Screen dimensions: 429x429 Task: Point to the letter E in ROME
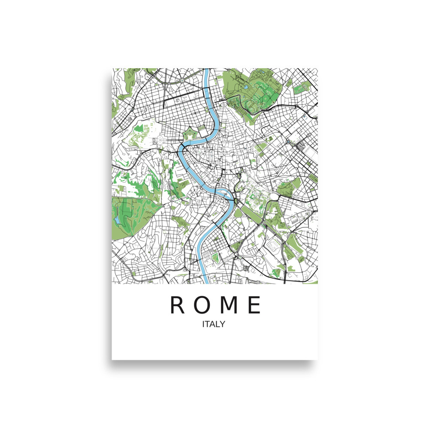coord(254,305)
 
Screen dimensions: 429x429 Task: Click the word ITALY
coord(214,324)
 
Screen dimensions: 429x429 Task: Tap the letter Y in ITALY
coord(222,324)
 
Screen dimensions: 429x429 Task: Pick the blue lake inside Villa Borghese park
coord(246,88)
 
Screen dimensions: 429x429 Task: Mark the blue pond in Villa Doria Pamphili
coord(117,220)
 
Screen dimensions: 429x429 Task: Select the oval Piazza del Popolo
coord(224,104)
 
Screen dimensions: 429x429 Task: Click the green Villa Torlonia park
coord(302,88)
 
